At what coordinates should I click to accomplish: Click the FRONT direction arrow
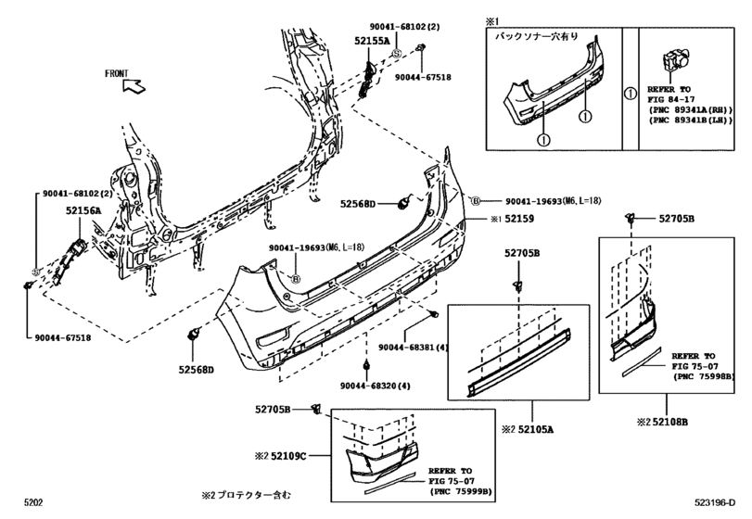pyautogui.click(x=133, y=88)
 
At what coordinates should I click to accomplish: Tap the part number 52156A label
pyautogui.click(x=83, y=211)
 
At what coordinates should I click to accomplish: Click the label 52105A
pyautogui.click(x=532, y=430)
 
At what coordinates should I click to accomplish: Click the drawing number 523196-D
pyautogui.click(x=715, y=504)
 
